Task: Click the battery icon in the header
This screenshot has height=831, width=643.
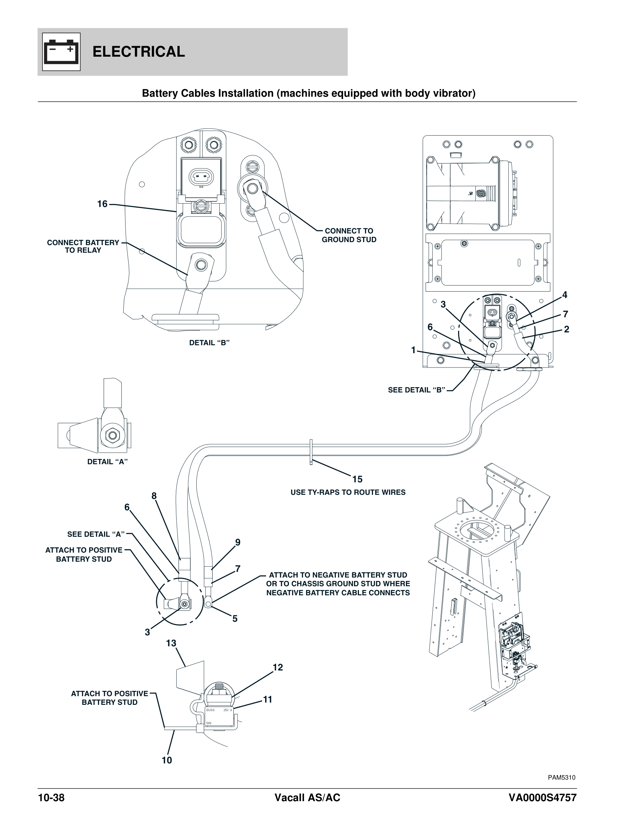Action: [x=61, y=52]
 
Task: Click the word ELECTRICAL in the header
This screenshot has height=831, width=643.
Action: [x=139, y=52]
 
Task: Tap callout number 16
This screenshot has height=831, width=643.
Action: [x=102, y=204]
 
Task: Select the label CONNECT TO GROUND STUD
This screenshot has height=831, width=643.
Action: [x=349, y=235]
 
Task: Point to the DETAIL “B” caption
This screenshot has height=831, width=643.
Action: [x=209, y=343]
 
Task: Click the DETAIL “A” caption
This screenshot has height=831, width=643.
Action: [x=107, y=462]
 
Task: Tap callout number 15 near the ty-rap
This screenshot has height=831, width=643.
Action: [x=357, y=479]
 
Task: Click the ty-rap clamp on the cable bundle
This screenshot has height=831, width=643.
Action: [x=311, y=452]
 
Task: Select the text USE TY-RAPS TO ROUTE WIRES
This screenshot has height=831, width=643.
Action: [x=348, y=492]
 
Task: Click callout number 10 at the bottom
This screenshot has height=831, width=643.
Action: [x=166, y=760]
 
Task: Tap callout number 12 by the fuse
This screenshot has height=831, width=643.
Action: [x=278, y=667]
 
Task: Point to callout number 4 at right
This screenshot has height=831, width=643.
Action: [x=565, y=295]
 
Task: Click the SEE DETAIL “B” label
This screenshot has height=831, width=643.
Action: [x=416, y=390]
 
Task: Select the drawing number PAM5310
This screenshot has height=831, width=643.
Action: [x=561, y=778]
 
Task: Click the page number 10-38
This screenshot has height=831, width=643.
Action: [x=51, y=798]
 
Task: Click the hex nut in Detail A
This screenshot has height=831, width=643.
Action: [x=112, y=435]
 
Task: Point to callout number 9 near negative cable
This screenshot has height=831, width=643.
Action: [x=237, y=542]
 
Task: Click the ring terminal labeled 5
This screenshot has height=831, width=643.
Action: [x=208, y=603]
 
